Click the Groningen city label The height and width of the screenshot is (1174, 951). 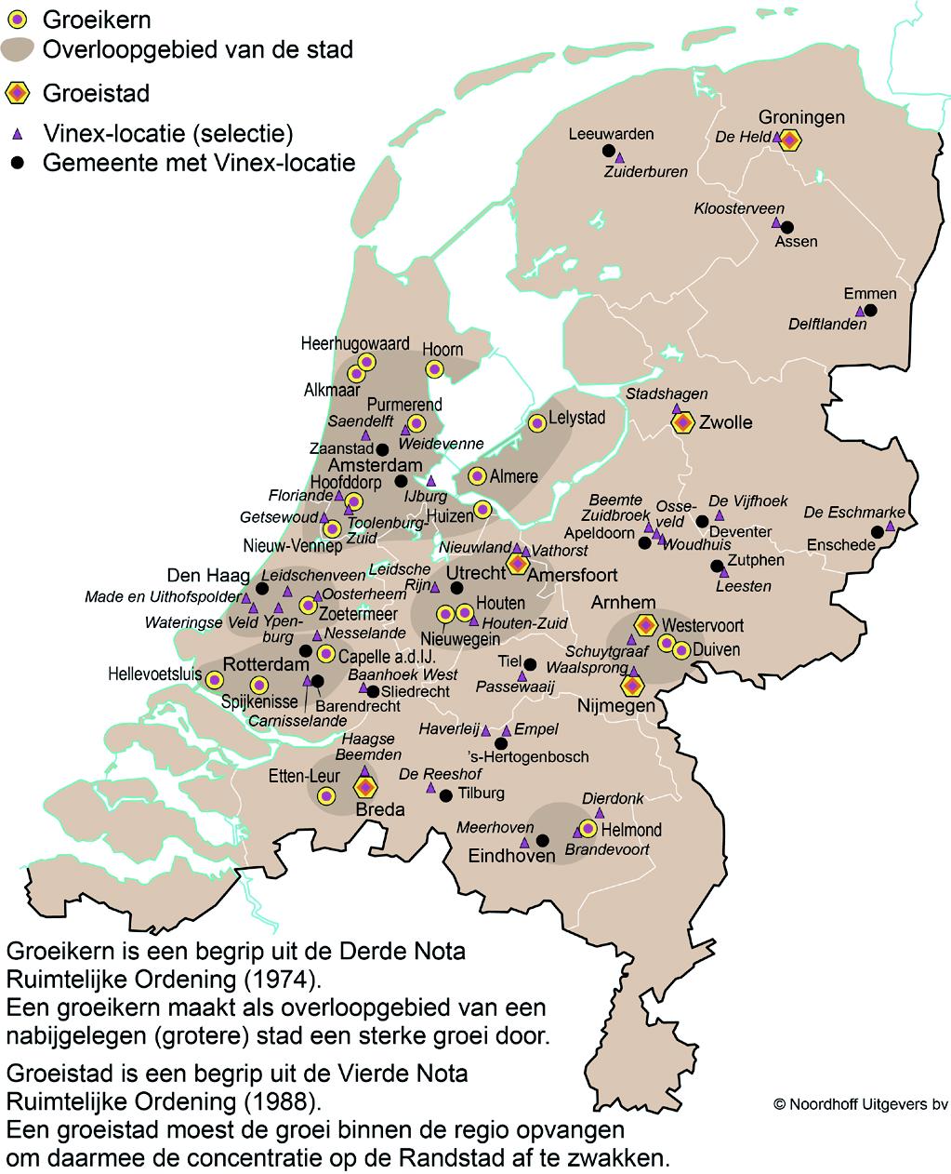801,117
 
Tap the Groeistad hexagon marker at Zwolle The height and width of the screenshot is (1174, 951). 683,422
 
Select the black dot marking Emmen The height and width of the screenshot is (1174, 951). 870,311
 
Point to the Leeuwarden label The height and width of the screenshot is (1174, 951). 611,134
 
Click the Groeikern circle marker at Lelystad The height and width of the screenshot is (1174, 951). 536,423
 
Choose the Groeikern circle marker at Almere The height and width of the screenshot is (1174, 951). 478,475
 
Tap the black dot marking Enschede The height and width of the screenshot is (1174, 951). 877,532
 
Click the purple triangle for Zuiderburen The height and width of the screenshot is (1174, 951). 620,159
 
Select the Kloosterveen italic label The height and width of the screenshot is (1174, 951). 739,208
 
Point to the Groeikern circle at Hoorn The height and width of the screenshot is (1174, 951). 434,369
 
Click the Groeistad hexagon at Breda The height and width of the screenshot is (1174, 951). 365,787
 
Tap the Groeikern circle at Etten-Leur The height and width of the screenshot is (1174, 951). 326,795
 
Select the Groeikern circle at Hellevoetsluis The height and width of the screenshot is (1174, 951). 215,679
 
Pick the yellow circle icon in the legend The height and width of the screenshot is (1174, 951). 18,19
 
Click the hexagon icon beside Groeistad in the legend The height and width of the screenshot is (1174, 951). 18,93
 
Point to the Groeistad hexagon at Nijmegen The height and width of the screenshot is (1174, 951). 632,686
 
